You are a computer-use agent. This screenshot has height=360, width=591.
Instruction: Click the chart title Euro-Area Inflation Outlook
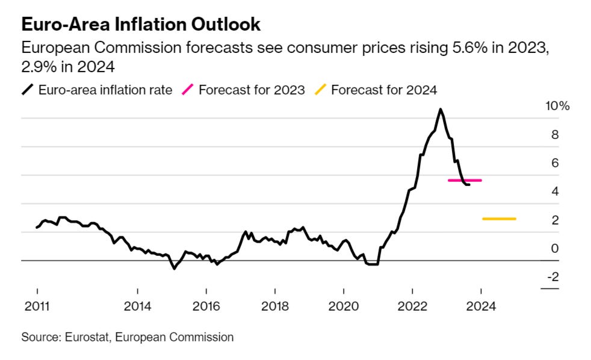[x=141, y=25]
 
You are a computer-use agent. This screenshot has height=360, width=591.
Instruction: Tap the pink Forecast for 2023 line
[x=465, y=180]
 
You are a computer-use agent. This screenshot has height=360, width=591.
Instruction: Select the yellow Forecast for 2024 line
[x=499, y=219]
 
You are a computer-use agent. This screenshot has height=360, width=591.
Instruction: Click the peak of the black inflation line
[x=441, y=110]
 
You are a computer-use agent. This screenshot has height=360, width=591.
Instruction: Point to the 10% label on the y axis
[x=556, y=106]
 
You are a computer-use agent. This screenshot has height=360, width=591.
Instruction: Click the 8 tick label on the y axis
[x=554, y=134]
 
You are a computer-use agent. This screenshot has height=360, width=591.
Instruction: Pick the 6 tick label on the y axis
[x=554, y=163]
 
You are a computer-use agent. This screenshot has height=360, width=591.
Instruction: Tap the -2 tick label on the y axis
[x=551, y=276]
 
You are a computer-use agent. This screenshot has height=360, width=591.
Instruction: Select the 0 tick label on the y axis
[x=554, y=248]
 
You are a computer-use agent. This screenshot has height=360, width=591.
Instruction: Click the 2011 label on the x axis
[x=36, y=306]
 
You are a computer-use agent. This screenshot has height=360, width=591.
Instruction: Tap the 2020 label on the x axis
[x=343, y=306]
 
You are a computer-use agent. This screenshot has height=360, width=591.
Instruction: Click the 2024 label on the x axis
[x=481, y=306]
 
